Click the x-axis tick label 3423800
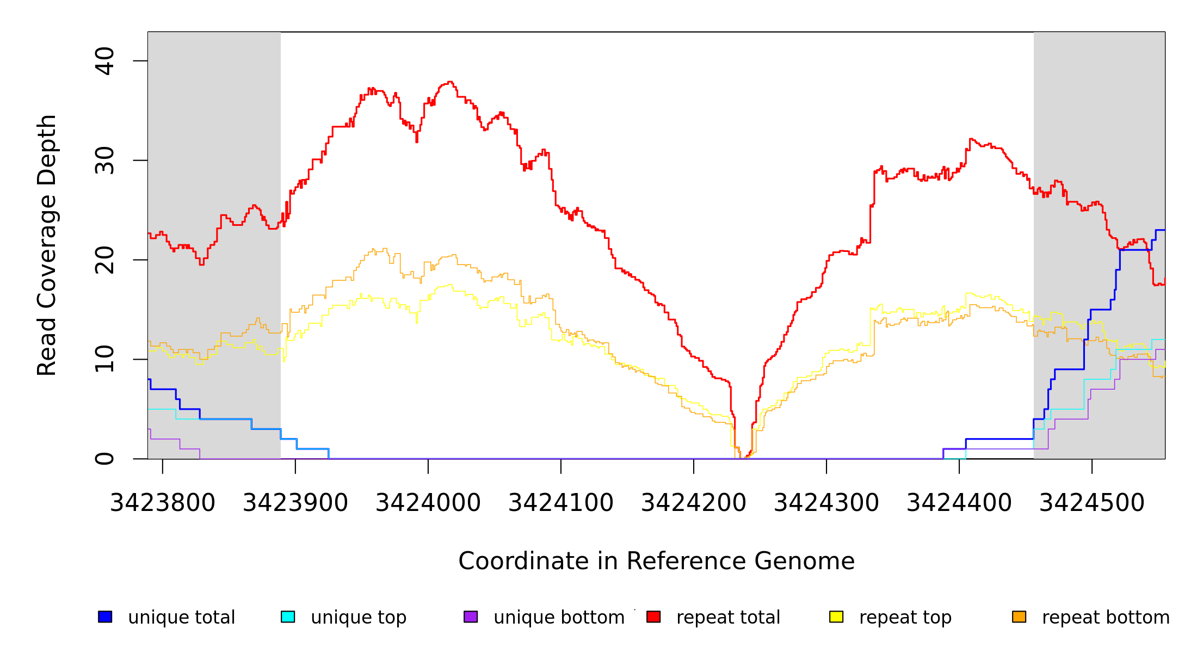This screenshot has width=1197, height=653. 163,503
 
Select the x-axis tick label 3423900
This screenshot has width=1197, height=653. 295,503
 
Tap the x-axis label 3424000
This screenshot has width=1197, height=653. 428,503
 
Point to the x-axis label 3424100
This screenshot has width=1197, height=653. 561,503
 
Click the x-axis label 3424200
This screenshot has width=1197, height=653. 694,503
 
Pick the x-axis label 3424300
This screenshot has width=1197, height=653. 826,503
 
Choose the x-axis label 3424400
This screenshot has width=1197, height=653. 959,503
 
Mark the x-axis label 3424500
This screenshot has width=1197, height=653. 1092,503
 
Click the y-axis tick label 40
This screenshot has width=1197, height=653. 104,61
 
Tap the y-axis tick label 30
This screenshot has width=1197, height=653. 104,161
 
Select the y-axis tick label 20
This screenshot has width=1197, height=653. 104,260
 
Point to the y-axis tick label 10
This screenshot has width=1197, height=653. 104,359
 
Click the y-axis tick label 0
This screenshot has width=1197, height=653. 104,459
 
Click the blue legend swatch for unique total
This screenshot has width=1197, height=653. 105,617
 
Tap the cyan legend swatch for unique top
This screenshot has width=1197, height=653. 288,617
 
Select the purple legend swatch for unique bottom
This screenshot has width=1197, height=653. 471,617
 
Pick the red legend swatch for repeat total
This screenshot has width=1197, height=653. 653,617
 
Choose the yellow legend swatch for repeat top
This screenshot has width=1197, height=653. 836,617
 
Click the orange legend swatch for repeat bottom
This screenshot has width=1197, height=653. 1019,617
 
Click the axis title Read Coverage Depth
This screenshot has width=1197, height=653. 47,245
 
